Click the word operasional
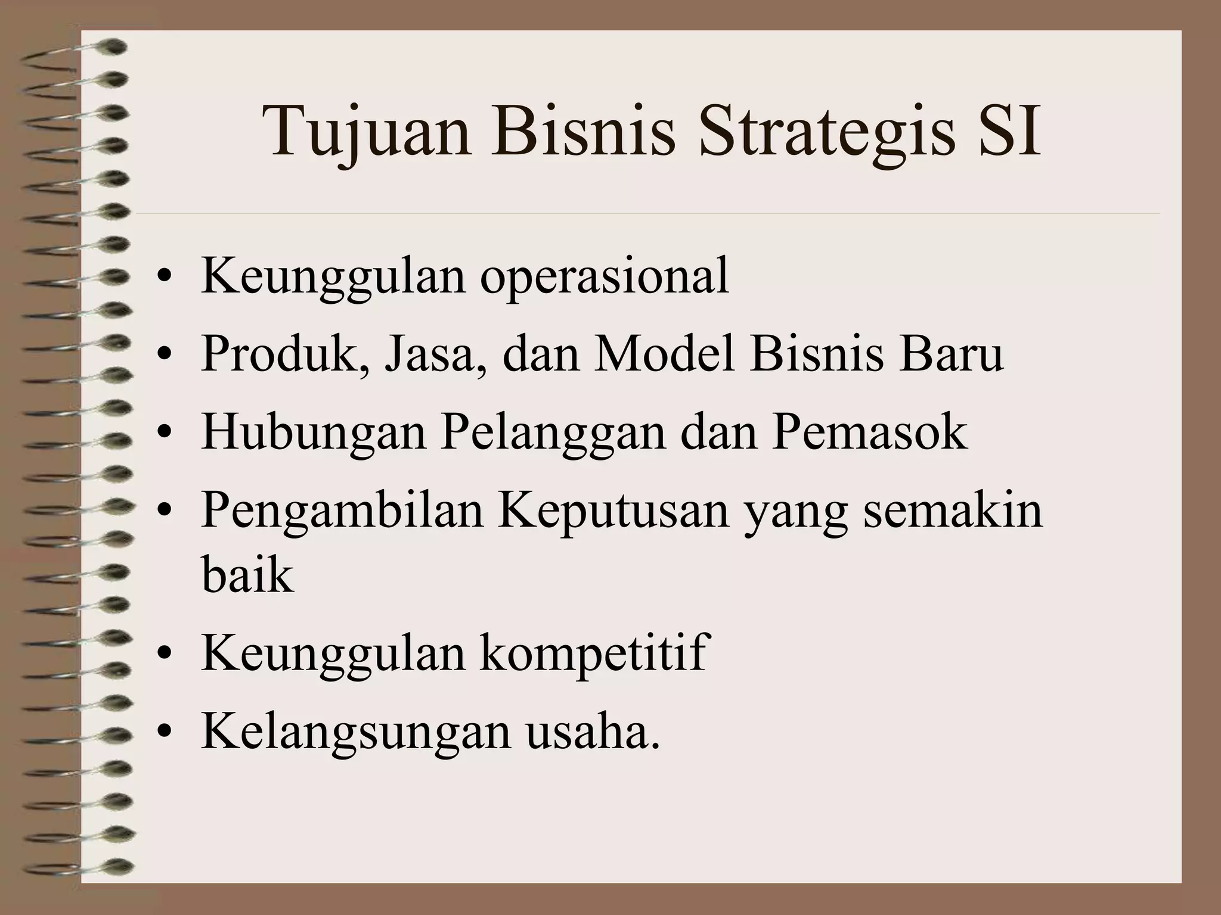tap(605, 276)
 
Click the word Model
tap(664, 354)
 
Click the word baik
tap(248, 575)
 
